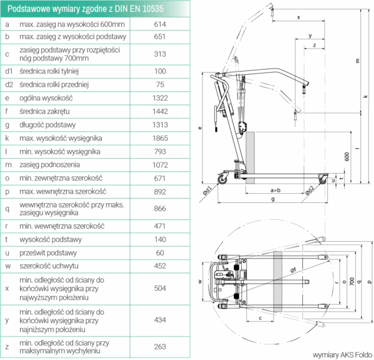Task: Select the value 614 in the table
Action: pyautogui.click(x=159, y=24)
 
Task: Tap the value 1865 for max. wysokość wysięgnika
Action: pyautogui.click(x=159, y=138)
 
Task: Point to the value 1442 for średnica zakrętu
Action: pyautogui.click(x=159, y=111)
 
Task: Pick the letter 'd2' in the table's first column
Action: pyautogui.click(x=8, y=85)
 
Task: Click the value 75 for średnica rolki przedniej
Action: pyautogui.click(x=159, y=85)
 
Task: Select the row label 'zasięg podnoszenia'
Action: pyautogui.click(x=51, y=164)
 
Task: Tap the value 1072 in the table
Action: pyautogui.click(x=159, y=164)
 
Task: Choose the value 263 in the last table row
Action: pyautogui.click(x=159, y=346)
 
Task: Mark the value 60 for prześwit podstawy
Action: pyautogui.click(x=159, y=253)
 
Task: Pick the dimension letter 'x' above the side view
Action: pyautogui.click(x=299, y=17)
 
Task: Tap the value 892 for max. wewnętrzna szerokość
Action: pyautogui.click(x=159, y=191)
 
